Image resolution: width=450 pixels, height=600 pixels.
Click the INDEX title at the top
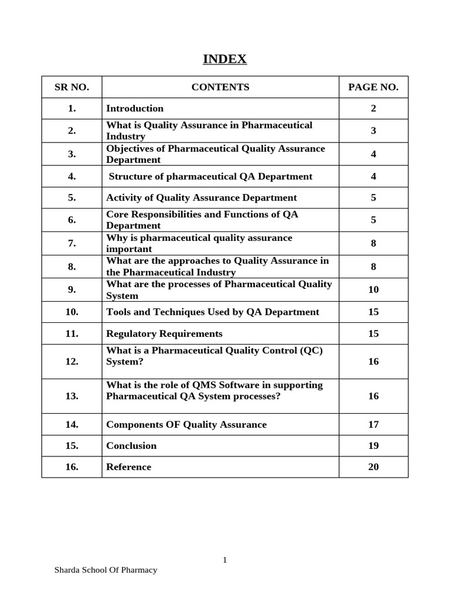tap(224, 59)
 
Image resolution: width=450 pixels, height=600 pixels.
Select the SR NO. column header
tap(71, 87)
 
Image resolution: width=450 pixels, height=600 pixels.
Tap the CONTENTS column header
tap(220, 87)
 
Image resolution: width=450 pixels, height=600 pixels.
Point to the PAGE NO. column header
tap(373, 87)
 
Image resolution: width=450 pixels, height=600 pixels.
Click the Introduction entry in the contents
tap(135, 108)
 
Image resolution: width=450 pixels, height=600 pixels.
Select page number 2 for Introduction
tap(373, 108)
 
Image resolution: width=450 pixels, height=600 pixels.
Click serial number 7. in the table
tap(71, 243)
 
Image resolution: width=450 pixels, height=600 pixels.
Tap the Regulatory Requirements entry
tap(164, 334)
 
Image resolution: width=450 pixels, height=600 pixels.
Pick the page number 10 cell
tap(373, 289)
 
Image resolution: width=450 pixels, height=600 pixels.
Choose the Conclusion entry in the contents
tap(131, 446)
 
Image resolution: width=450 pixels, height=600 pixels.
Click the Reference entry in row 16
tap(128, 467)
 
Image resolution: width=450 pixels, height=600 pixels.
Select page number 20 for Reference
tap(373, 467)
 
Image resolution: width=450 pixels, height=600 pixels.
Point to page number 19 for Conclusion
tap(373, 446)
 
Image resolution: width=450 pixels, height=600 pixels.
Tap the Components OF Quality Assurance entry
tap(186, 425)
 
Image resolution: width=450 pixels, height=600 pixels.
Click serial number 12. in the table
tap(71, 362)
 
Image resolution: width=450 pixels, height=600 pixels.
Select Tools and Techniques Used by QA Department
tap(213, 312)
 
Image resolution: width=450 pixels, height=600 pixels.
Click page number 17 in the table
tap(373, 425)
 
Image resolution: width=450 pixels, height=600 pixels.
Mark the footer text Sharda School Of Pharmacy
tap(105, 570)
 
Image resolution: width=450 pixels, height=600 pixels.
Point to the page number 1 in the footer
tap(224, 560)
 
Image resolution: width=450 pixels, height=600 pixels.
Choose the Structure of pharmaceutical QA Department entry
tap(210, 176)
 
